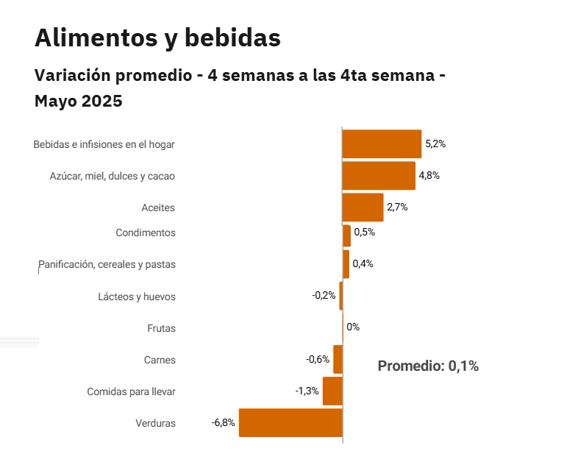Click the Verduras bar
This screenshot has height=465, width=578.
tap(290, 423)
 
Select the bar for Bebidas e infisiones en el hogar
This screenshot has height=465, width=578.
tap(382, 144)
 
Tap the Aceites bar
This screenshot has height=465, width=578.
tap(363, 207)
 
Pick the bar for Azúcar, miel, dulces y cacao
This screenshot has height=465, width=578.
tap(379, 176)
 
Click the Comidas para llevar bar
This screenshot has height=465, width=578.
tap(332, 391)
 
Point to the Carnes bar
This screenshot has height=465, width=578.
tap(338, 360)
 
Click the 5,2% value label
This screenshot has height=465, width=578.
tap(435, 144)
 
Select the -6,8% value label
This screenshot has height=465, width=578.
tap(223, 423)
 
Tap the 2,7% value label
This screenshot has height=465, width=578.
tap(397, 207)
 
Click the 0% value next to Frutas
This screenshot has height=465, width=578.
tap(353, 327)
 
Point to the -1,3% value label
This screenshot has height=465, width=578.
tap(307, 391)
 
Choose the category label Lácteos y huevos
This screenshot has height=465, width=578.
tap(137, 297)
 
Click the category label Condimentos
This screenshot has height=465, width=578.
tap(146, 233)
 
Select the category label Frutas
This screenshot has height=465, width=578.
tap(161, 328)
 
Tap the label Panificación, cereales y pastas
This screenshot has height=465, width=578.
tap(107, 264)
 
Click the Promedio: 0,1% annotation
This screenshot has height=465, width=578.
tap(428, 366)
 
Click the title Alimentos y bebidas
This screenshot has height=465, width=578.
tap(157, 38)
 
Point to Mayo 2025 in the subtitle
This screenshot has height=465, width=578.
tap(78, 102)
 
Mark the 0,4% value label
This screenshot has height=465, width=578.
tap(363, 264)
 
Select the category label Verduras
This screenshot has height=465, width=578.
tap(155, 423)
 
